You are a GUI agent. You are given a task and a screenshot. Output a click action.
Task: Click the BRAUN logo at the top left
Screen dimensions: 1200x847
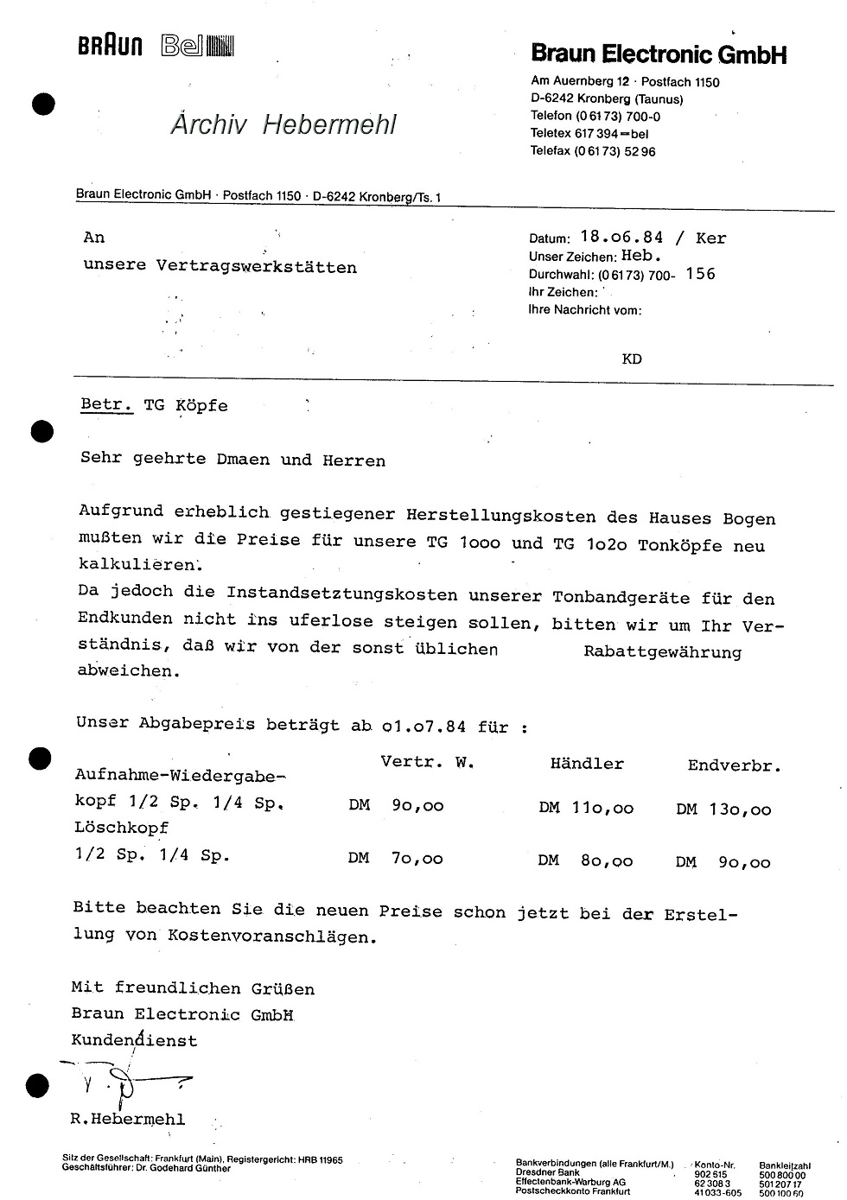click(x=111, y=47)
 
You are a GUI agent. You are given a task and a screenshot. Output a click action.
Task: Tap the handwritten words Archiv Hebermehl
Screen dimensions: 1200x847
click(x=283, y=124)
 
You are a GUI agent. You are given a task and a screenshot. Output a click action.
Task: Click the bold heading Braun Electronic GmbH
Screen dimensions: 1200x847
click(x=659, y=54)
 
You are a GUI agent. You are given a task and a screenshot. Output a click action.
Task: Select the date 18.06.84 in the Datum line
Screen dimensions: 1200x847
click(x=621, y=238)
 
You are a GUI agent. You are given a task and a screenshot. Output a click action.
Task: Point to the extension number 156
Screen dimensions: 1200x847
click(x=700, y=274)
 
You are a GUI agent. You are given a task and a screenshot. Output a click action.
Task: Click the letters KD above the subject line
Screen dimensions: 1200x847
click(x=632, y=359)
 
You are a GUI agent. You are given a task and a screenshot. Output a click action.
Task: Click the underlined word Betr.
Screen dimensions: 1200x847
click(x=106, y=405)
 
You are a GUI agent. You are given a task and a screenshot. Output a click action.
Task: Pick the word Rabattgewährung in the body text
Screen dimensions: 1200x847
click(x=662, y=651)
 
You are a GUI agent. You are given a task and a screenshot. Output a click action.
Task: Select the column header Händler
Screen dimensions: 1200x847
click(x=587, y=764)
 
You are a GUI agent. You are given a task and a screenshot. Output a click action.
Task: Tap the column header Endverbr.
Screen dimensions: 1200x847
click(x=734, y=765)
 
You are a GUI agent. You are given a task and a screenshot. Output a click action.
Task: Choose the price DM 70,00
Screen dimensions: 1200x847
click(x=396, y=858)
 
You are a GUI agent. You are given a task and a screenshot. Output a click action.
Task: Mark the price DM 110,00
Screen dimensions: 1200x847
click(x=586, y=809)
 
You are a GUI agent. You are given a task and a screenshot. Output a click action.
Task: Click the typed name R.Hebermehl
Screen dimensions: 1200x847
click(x=128, y=1119)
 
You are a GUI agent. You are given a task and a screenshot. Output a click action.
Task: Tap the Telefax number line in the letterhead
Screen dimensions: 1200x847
click(x=593, y=151)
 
